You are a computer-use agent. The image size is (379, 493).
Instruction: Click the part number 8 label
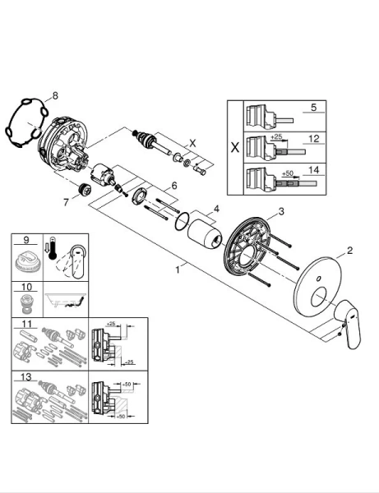55,96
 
